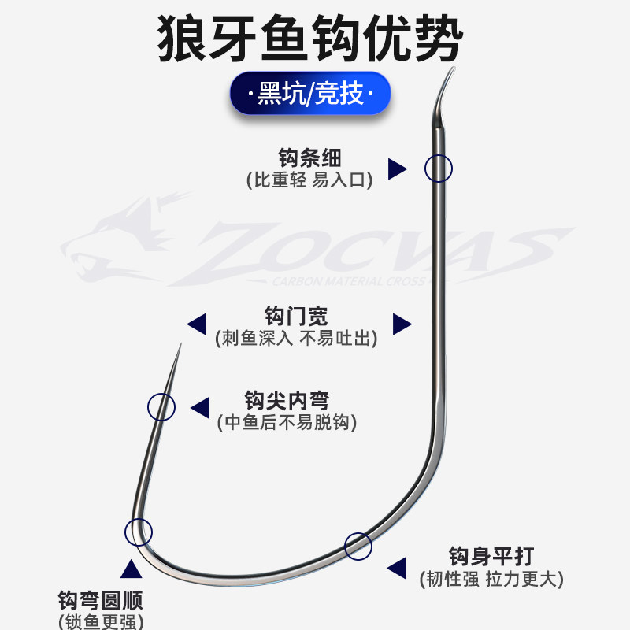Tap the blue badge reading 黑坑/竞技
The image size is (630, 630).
pyautogui.click(x=312, y=94)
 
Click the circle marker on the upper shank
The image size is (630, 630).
pyautogui.click(x=439, y=168)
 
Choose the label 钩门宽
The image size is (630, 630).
pyautogui.click(x=296, y=317)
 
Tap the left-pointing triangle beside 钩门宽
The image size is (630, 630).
pyautogui.click(x=195, y=323)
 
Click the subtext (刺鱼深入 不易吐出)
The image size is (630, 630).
pyautogui.click(x=296, y=339)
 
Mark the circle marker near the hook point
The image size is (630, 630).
pyautogui.click(x=161, y=406)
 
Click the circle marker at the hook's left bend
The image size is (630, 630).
pyautogui.click(x=138, y=532)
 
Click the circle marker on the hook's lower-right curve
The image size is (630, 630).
pyautogui.click(x=358, y=545)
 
